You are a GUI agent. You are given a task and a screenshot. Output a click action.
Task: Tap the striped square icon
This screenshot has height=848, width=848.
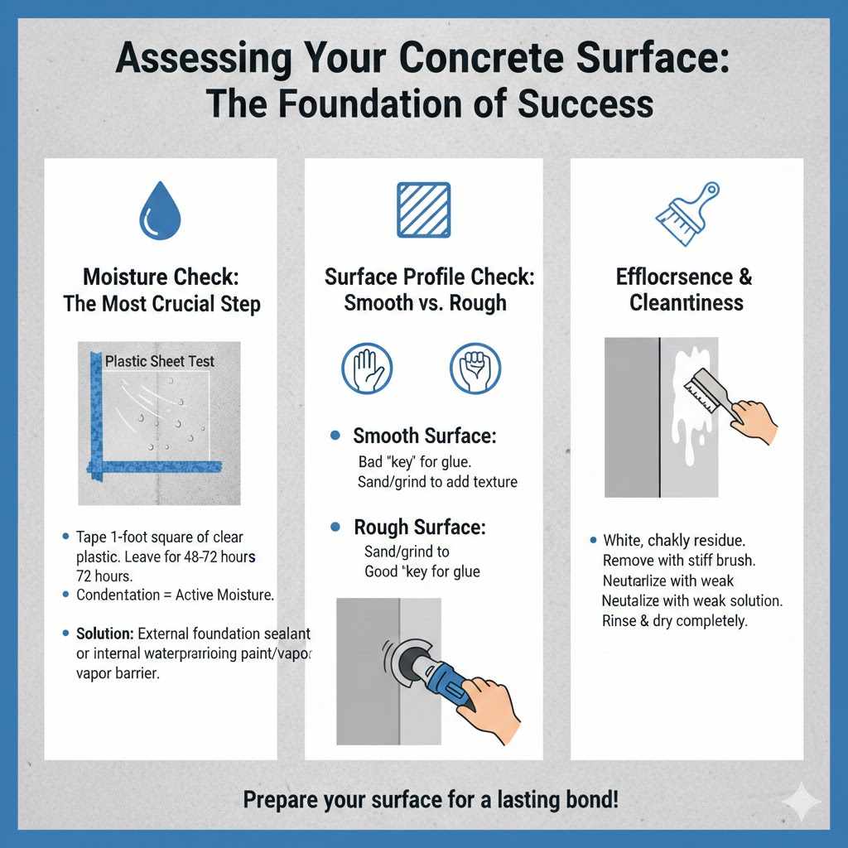(423, 210)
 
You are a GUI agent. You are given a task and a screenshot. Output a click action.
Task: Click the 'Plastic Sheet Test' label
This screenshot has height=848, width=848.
(160, 361)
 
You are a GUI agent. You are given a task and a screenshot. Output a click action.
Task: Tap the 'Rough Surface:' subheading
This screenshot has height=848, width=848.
(419, 528)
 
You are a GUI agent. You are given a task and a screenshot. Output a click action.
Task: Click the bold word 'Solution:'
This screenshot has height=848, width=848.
(104, 634)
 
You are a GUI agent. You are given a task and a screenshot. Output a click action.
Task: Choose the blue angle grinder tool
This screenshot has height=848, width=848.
(433, 672)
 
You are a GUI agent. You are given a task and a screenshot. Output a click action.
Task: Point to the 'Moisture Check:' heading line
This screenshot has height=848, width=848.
(161, 276)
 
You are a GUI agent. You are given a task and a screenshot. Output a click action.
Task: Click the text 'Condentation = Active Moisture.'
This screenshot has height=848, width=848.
(175, 595)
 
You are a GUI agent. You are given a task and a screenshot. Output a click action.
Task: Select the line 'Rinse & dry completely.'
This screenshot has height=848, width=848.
(674, 620)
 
